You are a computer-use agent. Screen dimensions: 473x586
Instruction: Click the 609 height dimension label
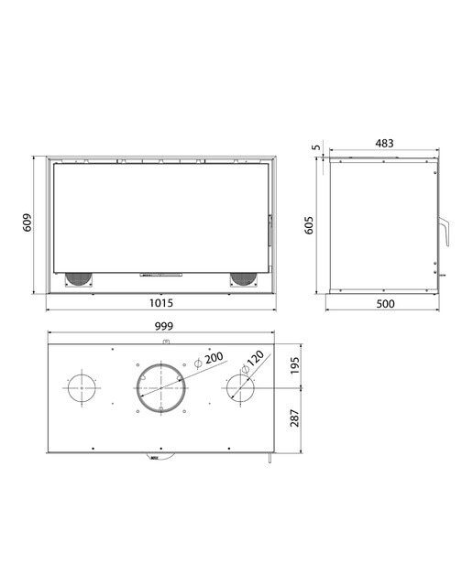27,222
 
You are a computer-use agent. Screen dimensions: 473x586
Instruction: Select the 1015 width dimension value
161,303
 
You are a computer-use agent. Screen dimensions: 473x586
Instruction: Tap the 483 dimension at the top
384,143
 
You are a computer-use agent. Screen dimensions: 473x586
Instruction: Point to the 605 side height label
309,225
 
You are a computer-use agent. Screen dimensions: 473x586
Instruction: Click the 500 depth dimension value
385,304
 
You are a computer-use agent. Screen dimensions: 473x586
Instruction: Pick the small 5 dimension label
316,146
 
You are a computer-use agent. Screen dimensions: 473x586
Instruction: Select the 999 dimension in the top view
164,326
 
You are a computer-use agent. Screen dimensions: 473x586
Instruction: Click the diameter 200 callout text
209,360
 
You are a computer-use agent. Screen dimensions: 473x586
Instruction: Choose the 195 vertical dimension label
295,365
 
